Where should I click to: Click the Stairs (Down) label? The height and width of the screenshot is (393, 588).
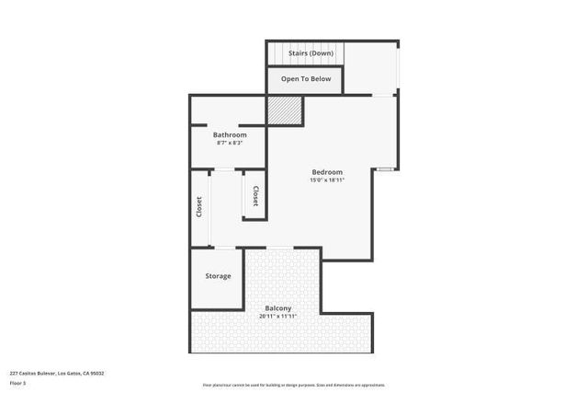coord(311,53)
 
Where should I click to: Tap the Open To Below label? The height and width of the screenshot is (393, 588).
coord(306,79)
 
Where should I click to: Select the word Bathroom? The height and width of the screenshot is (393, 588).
coord(230,134)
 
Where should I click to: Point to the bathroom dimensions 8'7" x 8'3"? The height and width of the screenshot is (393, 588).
coord(230,143)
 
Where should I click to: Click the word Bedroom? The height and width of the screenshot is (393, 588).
coord(327,172)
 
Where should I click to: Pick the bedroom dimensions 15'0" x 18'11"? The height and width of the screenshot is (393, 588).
coord(327,180)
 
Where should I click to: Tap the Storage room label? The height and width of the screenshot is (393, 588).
coord(218,276)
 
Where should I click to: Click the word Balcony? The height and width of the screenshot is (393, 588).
coord(278,308)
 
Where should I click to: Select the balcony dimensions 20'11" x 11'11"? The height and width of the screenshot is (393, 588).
coord(278,317)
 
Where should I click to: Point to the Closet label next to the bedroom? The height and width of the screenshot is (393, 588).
coord(255,196)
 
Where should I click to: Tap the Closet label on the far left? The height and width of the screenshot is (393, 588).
coord(199,208)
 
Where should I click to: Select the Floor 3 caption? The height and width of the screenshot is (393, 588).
coord(17,383)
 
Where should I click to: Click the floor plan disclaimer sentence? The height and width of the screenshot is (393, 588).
coord(294,385)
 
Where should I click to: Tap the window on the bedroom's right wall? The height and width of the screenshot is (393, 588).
coord(386,169)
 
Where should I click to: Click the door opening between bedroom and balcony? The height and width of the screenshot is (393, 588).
coord(280,248)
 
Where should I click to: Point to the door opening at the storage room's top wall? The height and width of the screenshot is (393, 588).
coord(224,248)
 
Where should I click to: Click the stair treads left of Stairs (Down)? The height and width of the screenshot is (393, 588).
coord(276,53)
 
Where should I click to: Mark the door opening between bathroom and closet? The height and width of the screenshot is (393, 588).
coord(223,169)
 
